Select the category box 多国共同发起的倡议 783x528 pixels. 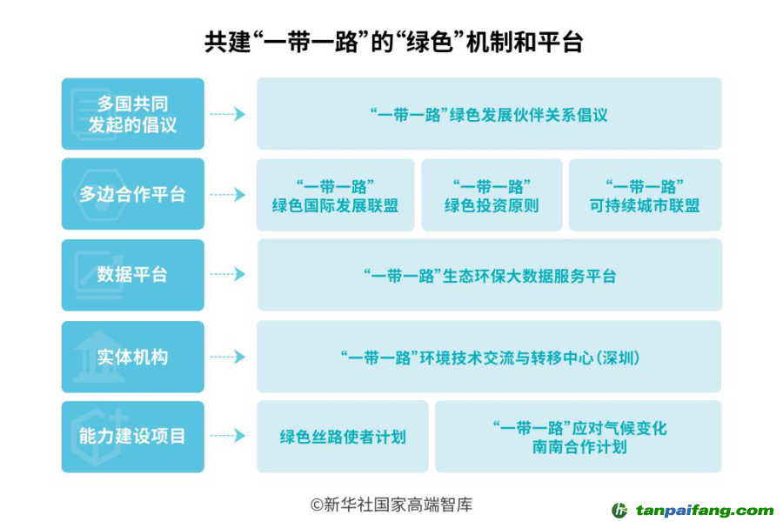(133, 114)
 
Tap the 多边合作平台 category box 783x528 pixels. (133, 194)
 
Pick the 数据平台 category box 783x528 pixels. (133, 275)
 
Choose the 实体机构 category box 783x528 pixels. (133, 357)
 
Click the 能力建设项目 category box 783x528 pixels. (133, 436)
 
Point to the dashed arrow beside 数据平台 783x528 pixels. (228, 275)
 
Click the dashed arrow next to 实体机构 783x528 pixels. (228, 357)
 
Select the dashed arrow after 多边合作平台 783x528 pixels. (228, 194)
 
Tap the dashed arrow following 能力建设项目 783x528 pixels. (228, 436)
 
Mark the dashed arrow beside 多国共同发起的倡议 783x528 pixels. (228, 114)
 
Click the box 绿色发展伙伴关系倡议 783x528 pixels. (488, 114)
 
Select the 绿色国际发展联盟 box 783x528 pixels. (335, 195)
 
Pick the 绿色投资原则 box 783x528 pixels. (492, 195)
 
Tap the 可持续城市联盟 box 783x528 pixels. (645, 195)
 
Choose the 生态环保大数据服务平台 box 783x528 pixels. (489, 276)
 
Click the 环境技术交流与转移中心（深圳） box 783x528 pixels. (489, 357)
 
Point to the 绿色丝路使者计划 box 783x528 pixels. (342, 437)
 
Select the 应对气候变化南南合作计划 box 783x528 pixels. (579, 437)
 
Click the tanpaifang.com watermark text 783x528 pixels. (704, 511)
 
